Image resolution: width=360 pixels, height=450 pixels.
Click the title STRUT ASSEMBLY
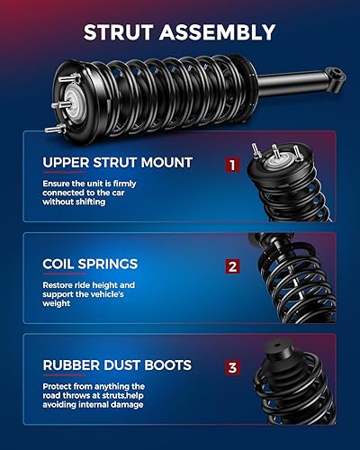[x=179, y=33]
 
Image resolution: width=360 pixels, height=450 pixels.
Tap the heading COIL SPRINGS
[x=90, y=265]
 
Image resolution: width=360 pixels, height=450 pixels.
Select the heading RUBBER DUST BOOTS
[x=116, y=365]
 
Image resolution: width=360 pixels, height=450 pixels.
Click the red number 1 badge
[x=232, y=166]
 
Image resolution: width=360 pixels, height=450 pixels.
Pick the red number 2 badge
[x=232, y=266]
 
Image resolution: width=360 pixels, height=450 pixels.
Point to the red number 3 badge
[x=232, y=367]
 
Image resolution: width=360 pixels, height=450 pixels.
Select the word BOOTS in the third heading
[x=166, y=365]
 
